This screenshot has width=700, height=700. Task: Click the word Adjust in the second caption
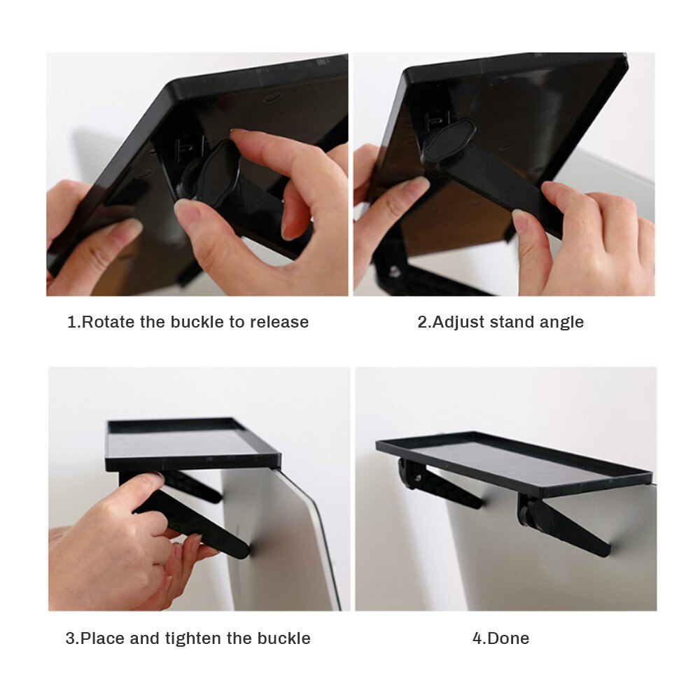click(x=458, y=322)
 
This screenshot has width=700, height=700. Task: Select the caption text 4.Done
click(x=500, y=638)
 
